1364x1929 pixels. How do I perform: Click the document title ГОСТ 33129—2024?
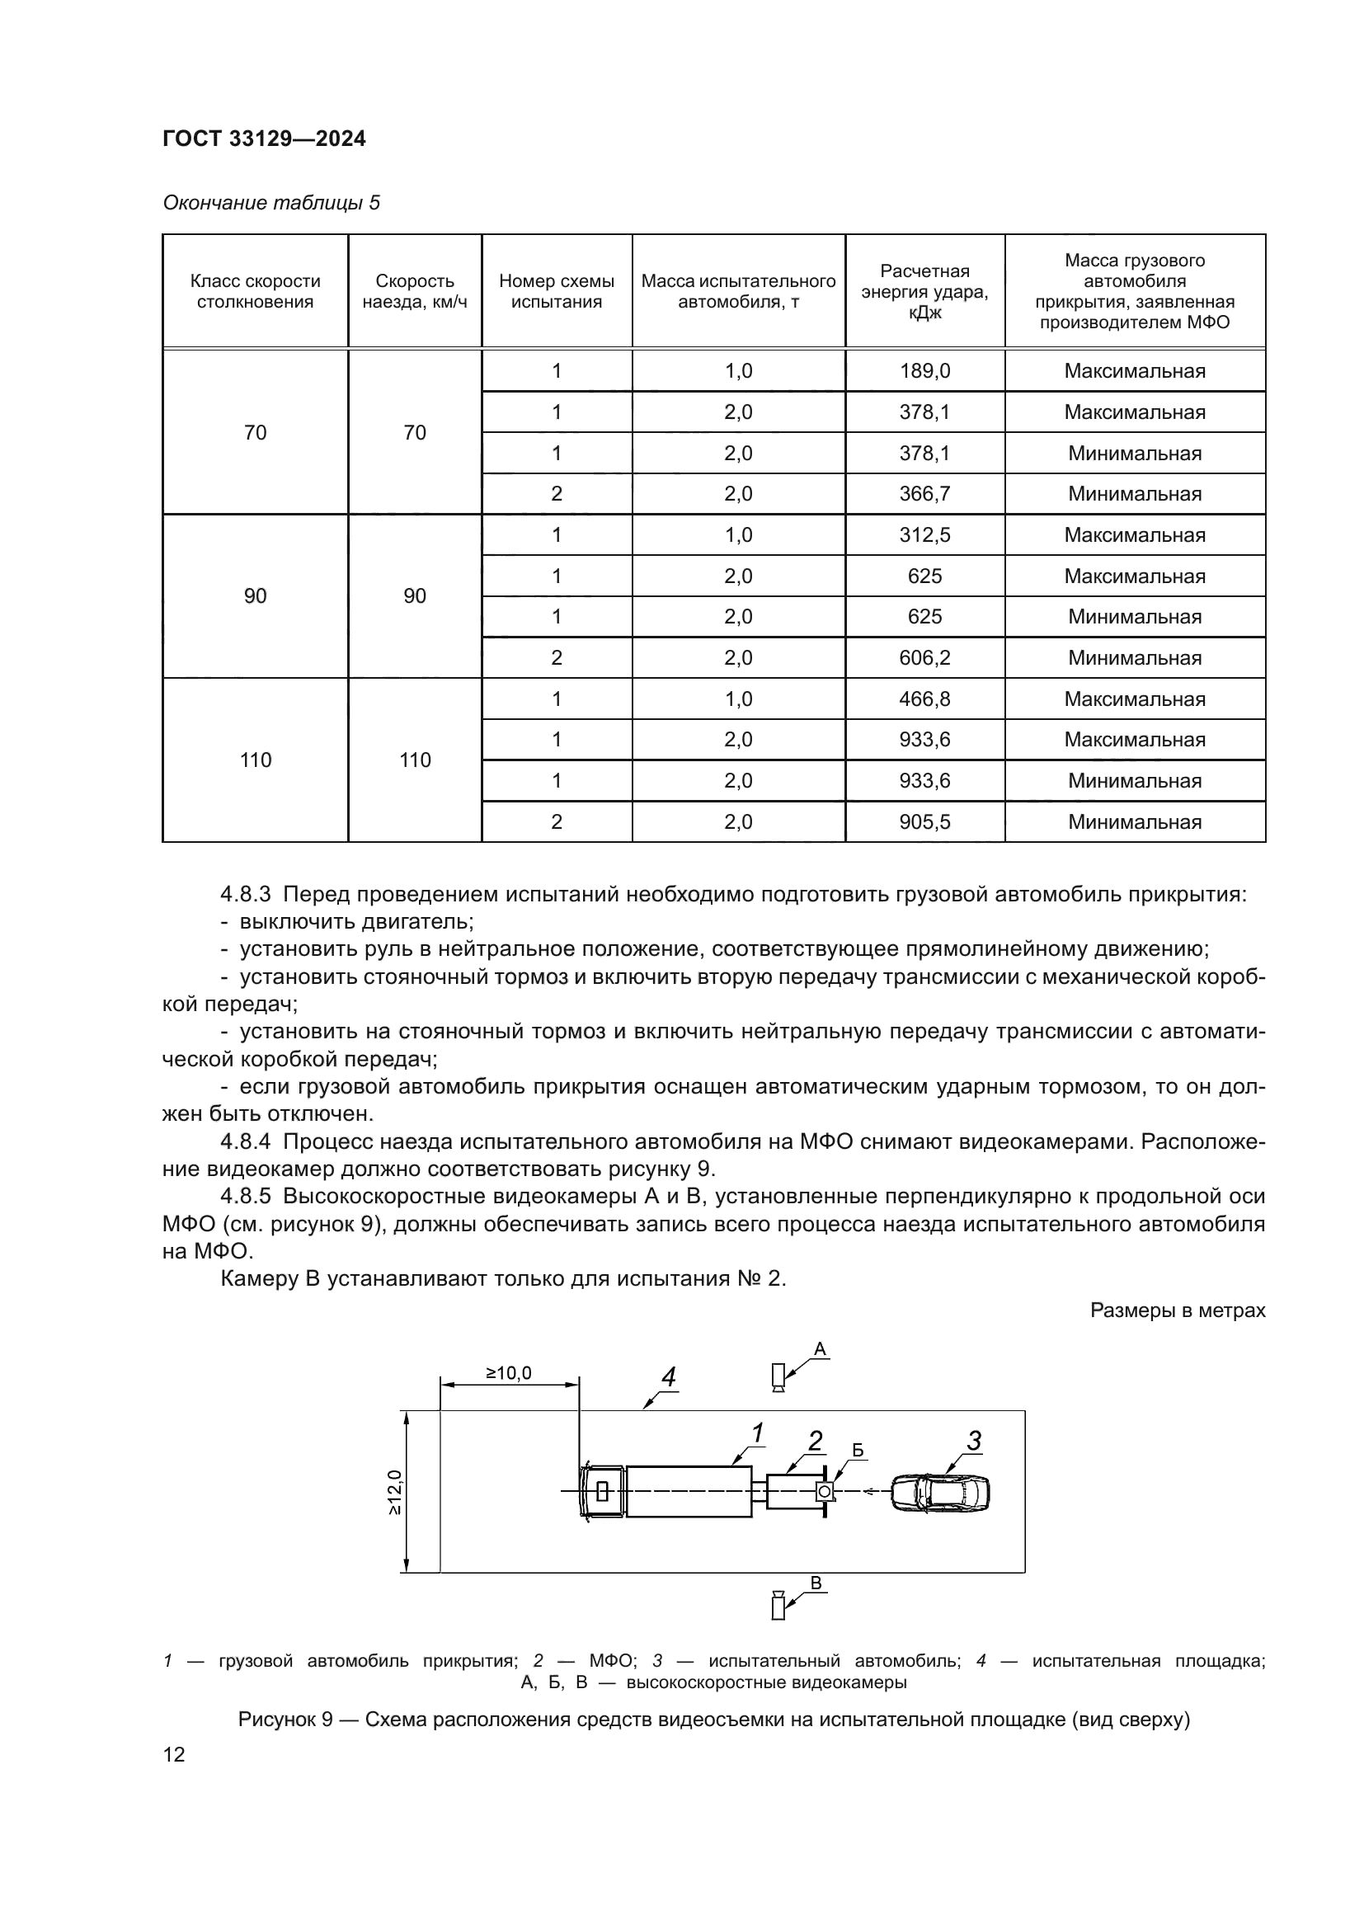coord(264,139)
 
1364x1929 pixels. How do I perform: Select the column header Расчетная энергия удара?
coord(924,291)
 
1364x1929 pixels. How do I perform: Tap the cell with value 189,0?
coord(924,370)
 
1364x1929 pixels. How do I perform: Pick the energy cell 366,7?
coord(924,494)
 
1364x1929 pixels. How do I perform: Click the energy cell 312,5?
coord(924,535)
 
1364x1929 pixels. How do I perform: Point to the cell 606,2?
coord(924,658)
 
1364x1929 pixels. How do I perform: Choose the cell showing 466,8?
coord(924,699)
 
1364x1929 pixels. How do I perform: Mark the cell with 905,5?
coord(924,821)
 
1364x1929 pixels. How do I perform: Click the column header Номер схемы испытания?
coord(556,291)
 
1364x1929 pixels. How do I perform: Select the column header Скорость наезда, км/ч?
coord(414,291)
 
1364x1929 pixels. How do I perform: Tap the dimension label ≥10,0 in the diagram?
coord(509,1373)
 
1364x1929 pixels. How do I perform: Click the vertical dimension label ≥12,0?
coord(395,1491)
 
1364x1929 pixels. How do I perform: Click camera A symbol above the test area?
coord(778,1377)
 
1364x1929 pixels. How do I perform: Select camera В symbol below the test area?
coord(778,1606)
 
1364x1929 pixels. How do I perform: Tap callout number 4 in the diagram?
coord(669,1377)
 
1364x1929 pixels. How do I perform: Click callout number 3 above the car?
coord(973,1441)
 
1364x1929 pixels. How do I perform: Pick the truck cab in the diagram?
coord(602,1491)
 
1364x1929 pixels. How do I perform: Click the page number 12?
coord(174,1754)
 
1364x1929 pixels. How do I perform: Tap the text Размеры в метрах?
coord(1177,1310)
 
